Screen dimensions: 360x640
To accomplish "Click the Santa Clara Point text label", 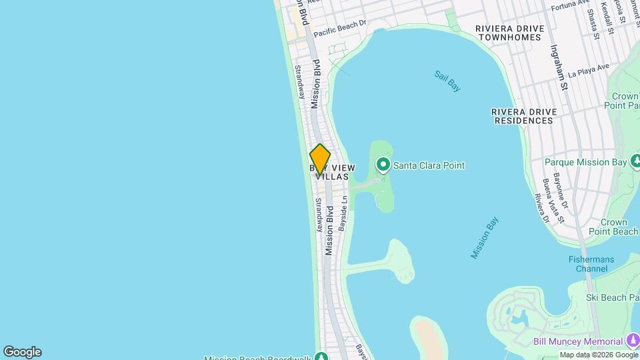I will click(x=429, y=165).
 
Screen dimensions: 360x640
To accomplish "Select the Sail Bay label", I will click(x=447, y=81).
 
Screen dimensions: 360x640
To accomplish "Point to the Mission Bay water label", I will click(x=485, y=237).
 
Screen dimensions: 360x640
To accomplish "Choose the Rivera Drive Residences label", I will click(x=523, y=116).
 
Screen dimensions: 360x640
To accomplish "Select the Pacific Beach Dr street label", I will click(x=340, y=27).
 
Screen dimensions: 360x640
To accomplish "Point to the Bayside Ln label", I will click(x=343, y=213).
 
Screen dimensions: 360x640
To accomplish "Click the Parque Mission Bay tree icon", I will click(x=637, y=162).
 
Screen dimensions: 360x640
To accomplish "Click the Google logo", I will click(x=22, y=352).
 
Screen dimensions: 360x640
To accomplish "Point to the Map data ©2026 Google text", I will click(x=597, y=355).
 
